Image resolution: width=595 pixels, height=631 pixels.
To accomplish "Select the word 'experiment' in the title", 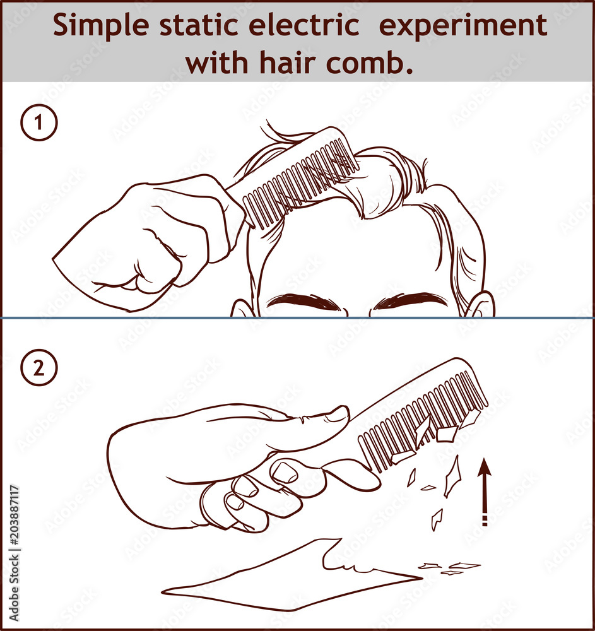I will click(x=467, y=27).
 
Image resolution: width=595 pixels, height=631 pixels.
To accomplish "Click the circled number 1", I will click(x=39, y=123).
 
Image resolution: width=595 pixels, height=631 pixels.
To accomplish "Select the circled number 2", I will click(x=39, y=369).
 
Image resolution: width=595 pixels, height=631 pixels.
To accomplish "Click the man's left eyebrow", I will click(x=303, y=302).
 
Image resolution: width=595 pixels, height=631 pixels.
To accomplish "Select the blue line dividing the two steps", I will click(x=297, y=317).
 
